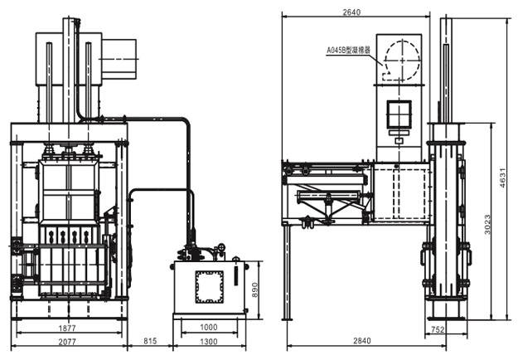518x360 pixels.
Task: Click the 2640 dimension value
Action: [351, 12]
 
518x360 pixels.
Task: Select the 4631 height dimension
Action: [502, 178]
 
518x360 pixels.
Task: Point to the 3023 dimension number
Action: [487, 225]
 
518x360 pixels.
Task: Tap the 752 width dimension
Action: [438, 329]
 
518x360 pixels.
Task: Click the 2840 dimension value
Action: [361, 340]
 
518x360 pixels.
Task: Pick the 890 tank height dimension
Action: [254, 290]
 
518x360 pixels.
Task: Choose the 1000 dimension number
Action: [209, 328]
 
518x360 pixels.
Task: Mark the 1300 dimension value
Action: [209, 342]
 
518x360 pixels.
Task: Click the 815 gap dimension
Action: [150, 341]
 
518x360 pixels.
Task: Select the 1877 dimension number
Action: [67, 328]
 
